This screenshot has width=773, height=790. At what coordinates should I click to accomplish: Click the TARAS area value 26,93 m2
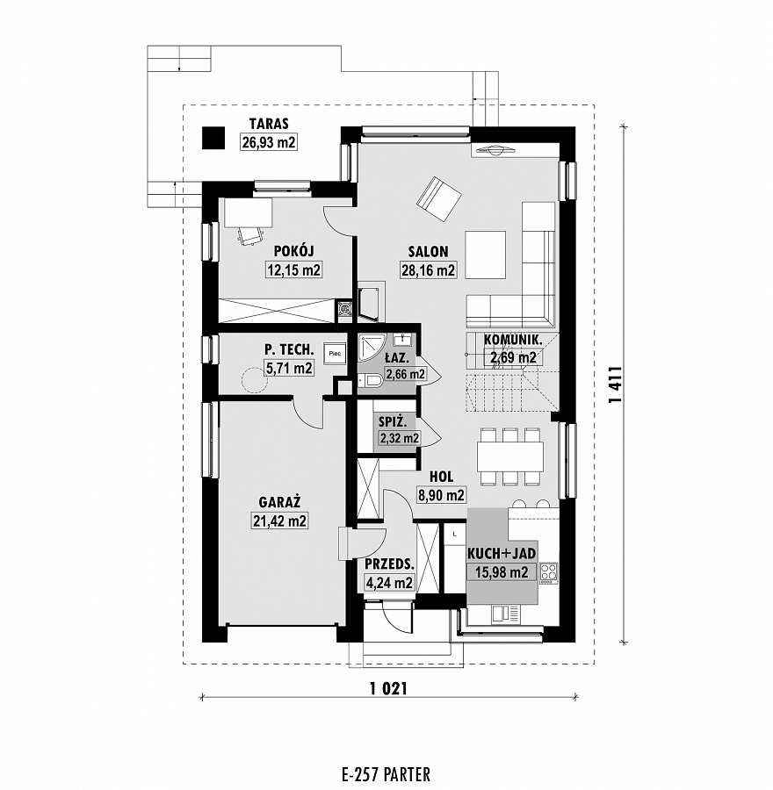[269, 142]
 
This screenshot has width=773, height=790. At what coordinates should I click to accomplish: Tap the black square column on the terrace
[213, 138]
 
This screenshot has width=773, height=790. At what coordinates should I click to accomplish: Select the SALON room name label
[428, 251]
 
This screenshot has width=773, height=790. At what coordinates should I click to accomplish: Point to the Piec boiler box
[335, 354]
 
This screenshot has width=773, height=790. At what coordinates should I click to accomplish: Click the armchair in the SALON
[438, 198]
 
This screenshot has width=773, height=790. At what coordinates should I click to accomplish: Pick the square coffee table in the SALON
[485, 255]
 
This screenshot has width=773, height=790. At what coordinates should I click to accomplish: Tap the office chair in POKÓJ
[250, 234]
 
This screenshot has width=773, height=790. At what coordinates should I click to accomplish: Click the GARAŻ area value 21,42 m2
[280, 521]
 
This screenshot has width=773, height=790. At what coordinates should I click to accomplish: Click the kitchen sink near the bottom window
[506, 614]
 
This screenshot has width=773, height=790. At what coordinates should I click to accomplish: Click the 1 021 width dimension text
[388, 688]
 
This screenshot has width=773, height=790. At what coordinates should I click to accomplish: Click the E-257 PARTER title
[386, 774]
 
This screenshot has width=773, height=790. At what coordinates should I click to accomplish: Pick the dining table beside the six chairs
[510, 456]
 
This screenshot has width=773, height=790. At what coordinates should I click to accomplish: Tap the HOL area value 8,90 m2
[441, 495]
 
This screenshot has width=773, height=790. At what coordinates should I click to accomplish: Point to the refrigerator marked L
[455, 534]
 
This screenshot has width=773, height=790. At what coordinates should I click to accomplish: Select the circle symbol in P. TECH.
[255, 379]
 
